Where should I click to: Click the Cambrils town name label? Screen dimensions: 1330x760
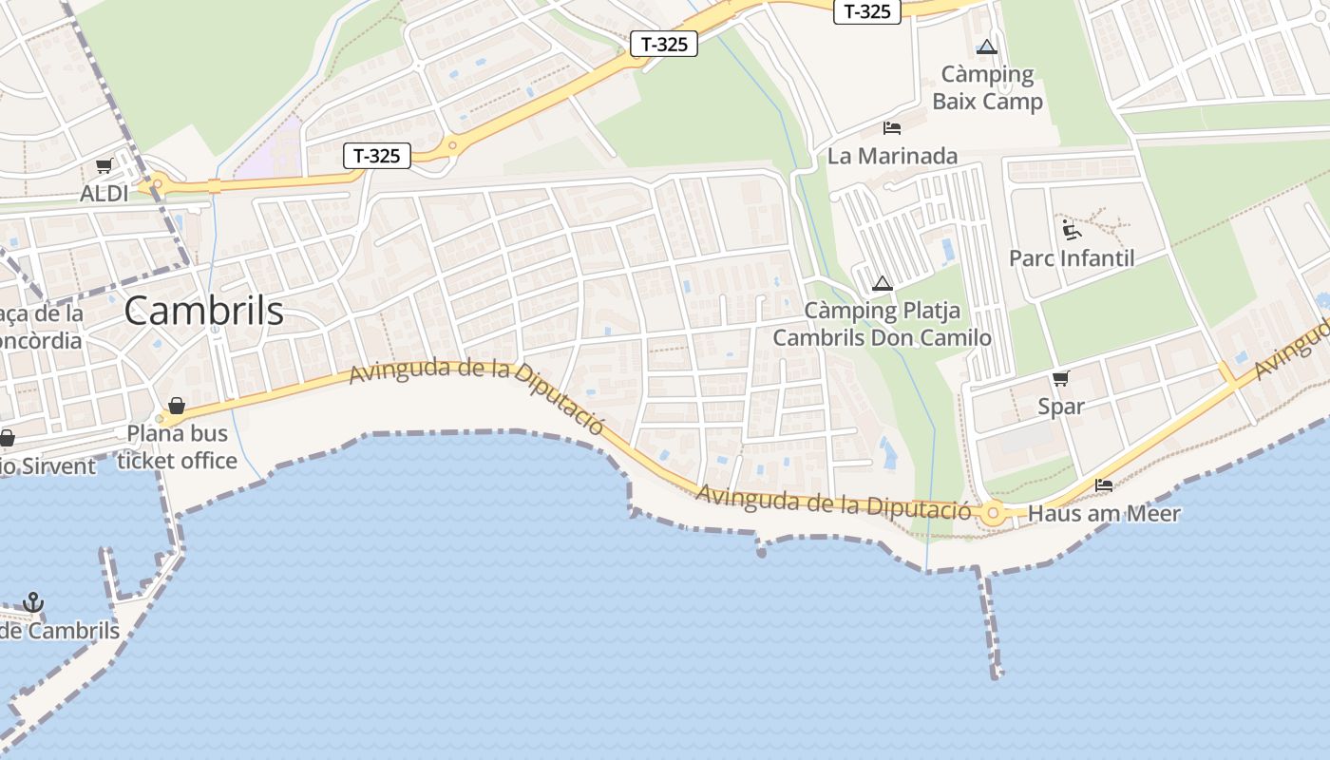pos(203,311)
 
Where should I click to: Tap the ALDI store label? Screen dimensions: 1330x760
pos(104,194)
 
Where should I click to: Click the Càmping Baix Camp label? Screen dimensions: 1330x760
pos(987,87)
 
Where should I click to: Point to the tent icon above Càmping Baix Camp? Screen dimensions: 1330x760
pos(987,47)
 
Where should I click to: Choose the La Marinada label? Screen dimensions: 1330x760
pos(892,156)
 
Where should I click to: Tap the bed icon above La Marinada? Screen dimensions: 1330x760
pos(891,127)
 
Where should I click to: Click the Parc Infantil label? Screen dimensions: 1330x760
pos(1072,258)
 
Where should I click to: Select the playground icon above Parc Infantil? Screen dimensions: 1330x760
pos(1072,229)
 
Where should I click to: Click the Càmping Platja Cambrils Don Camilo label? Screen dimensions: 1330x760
pos(882,324)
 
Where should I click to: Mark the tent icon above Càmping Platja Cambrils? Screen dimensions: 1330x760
pos(883,283)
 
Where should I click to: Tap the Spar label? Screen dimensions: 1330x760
pos(1061,407)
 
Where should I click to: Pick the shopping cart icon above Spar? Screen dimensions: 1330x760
pos(1061,378)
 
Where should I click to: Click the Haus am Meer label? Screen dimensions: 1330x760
pos(1104,514)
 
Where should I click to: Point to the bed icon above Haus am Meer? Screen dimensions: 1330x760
pos(1104,485)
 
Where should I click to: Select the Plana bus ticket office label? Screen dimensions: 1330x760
pos(177,446)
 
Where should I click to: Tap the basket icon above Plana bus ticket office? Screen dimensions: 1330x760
pos(176,407)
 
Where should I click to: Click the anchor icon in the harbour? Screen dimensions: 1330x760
pos(33,602)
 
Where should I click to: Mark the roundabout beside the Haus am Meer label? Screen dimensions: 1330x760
pos(994,514)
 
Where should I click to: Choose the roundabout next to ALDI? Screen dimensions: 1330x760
pos(157,184)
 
